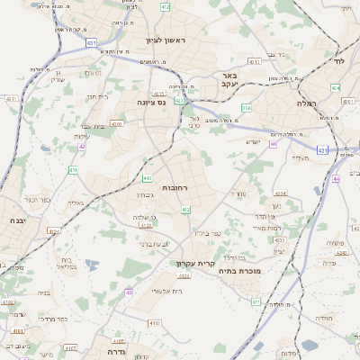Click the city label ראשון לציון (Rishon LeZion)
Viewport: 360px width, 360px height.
pos(165,40)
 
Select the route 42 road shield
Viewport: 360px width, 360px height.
pos(82,146)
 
